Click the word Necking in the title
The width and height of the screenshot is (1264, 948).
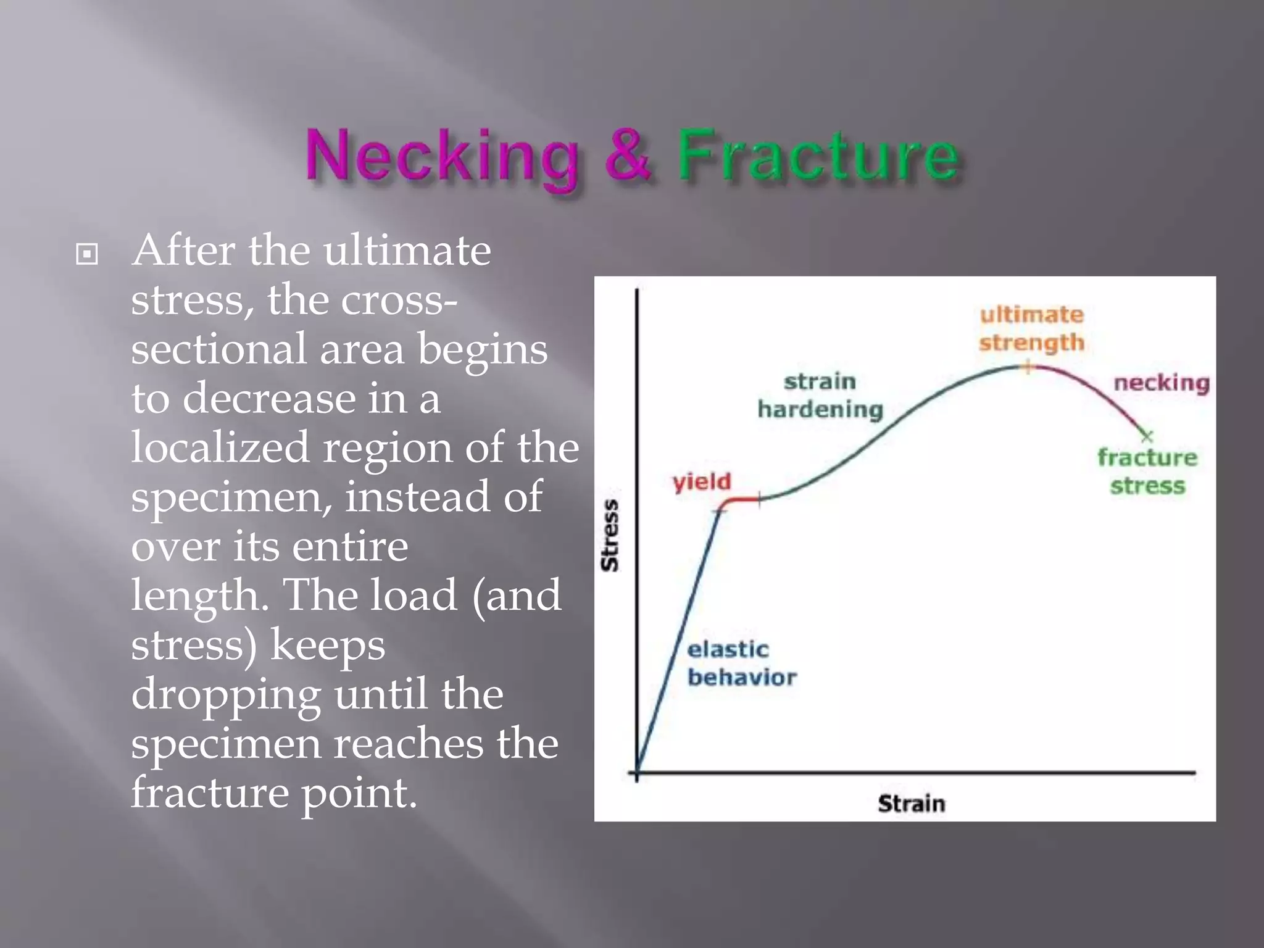coord(442,156)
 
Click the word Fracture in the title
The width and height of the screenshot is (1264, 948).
coord(818,156)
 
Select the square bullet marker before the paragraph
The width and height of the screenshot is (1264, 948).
coord(87,254)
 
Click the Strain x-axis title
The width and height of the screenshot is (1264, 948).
coord(911,804)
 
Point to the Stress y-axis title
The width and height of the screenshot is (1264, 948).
coord(610,535)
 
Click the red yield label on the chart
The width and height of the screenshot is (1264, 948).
coord(702,481)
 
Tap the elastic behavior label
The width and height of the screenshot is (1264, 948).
coord(741,663)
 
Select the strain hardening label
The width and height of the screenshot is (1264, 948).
coord(820,396)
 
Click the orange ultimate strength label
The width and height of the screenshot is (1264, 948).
coord(1031,328)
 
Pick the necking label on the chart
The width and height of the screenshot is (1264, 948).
coord(1161,383)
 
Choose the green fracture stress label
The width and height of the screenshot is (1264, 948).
coord(1147,472)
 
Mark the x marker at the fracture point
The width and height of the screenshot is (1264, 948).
coord(1147,437)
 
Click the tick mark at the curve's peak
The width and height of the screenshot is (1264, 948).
coord(1028,367)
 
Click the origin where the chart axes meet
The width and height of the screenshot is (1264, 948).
coord(637,772)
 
